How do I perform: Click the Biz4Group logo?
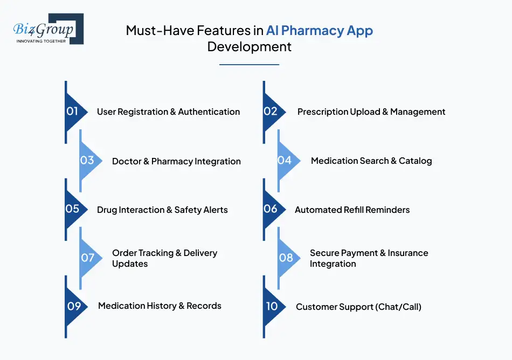click(49, 29)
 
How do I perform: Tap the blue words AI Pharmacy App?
click(320, 31)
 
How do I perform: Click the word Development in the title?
click(249, 47)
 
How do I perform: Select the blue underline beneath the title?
click(249, 65)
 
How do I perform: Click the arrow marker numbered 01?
click(74, 112)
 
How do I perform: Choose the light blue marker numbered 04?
click(287, 161)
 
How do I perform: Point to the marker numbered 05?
click(74, 209)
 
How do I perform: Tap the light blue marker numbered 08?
click(287, 258)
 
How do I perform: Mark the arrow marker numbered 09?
click(74, 307)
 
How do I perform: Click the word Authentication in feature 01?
click(209, 112)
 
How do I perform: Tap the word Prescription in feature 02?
click(322, 112)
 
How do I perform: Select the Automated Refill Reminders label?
click(352, 210)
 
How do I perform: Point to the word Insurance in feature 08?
click(408, 253)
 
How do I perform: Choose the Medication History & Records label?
click(160, 306)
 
